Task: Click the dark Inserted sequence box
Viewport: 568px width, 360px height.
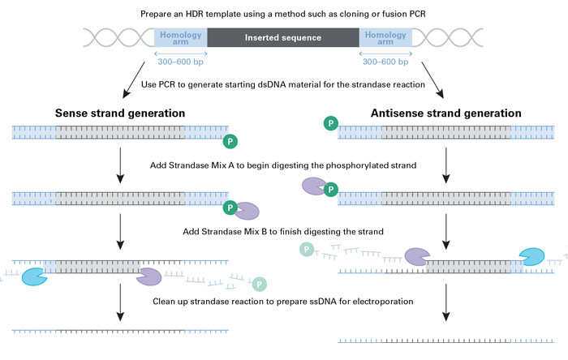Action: coord(283,37)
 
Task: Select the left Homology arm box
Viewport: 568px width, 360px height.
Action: coord(180,37)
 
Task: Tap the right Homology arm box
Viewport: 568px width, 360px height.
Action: coord(386,37)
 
